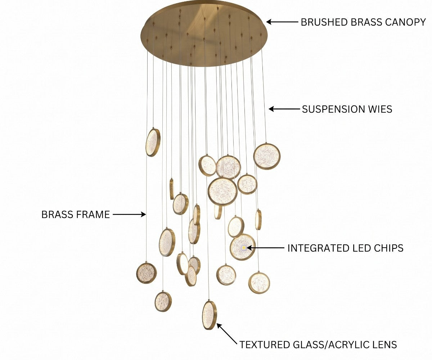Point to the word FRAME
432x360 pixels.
tap(93, 215)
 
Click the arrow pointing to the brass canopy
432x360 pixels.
tap(282, 22)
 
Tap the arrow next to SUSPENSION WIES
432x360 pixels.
tap(284, 109)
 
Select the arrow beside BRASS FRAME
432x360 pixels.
tap(129, 214)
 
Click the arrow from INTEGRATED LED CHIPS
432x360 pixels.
tap(266, 248)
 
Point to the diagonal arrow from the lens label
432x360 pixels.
tap(227, 334)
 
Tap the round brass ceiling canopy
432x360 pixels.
tap(204, 34)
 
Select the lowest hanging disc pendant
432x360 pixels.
tap(210, 315)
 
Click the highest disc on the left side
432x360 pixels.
tap(153, 143)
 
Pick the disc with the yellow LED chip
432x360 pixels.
tap(243, 247)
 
